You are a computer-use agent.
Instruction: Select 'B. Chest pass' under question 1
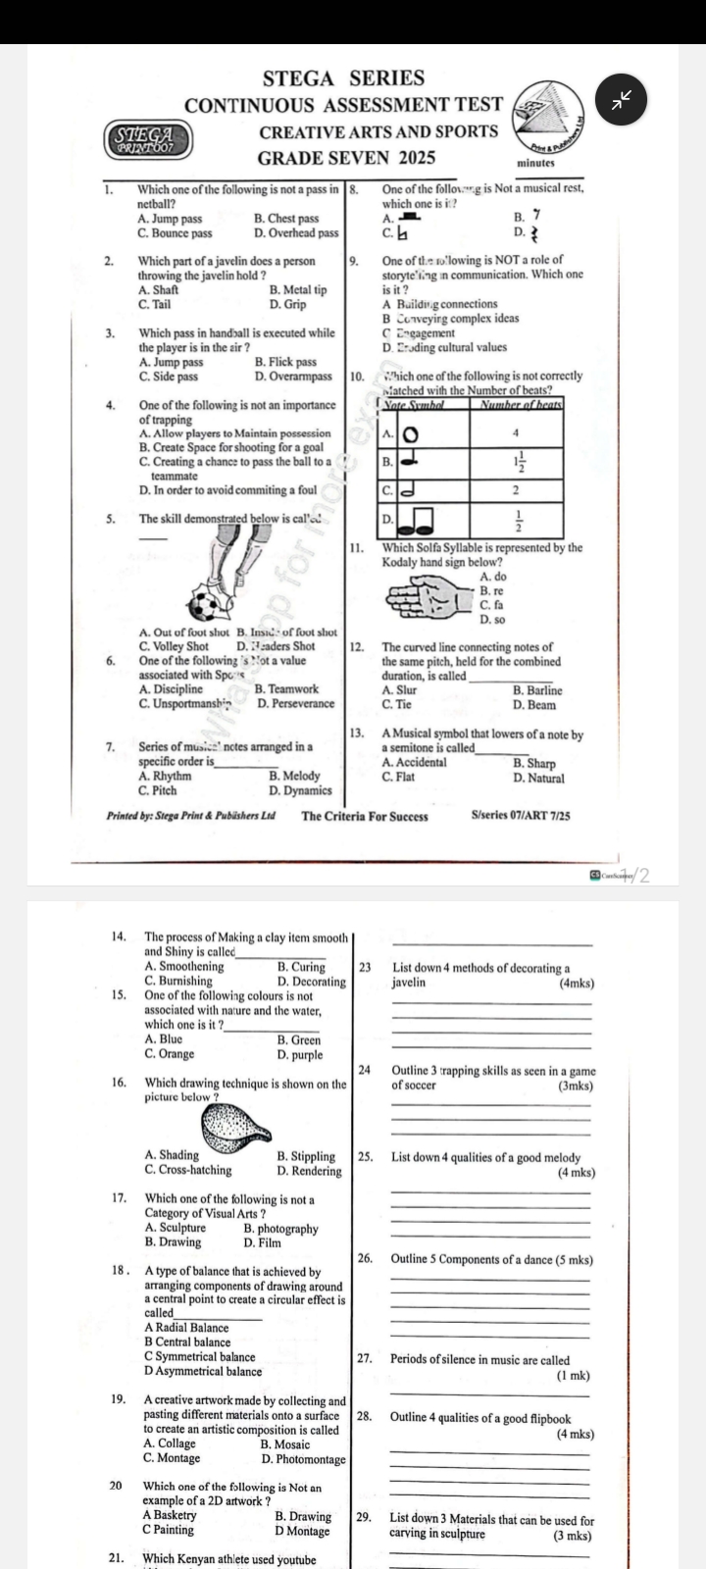[286, 219]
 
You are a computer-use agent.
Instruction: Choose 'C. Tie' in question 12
[397, 704]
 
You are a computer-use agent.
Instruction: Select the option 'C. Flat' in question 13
[398, 777]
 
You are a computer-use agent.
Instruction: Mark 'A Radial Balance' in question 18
[186, 1328]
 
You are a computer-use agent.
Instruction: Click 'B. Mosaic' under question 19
[285, 1443]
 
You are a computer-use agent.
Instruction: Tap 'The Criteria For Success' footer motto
[365, 816]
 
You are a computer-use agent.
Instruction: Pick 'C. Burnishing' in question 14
[177, 980]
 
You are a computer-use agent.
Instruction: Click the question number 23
[365, 967]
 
